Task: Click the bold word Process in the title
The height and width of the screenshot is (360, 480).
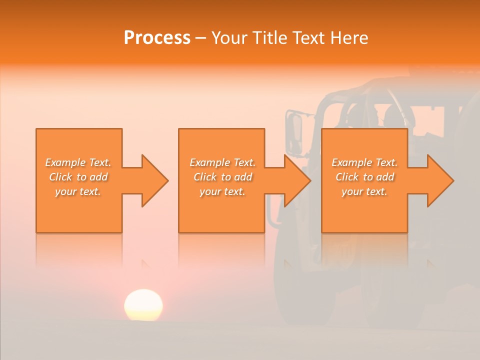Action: (157, 38)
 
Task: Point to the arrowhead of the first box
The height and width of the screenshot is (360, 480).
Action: (154, 180)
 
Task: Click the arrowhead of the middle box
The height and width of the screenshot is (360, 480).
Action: (297, 180)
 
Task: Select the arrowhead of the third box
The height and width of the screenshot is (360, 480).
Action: (440, 180)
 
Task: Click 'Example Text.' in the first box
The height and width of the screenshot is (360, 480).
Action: (78, 162)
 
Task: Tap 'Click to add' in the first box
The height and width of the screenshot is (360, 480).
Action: (78, 177)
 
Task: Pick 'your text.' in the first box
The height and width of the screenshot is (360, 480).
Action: (78, 191)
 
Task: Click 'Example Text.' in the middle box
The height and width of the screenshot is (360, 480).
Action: (222, 162)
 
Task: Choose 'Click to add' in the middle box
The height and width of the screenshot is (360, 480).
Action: (222, 177)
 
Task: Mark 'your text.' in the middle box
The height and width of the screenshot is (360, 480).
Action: (222, 191)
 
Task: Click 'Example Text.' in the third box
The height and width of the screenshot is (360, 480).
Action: (364, 162)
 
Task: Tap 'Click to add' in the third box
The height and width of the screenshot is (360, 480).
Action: (364, 177)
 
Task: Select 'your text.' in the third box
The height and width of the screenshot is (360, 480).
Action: (364, 191)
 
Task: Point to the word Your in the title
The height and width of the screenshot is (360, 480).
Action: (229, 38)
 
